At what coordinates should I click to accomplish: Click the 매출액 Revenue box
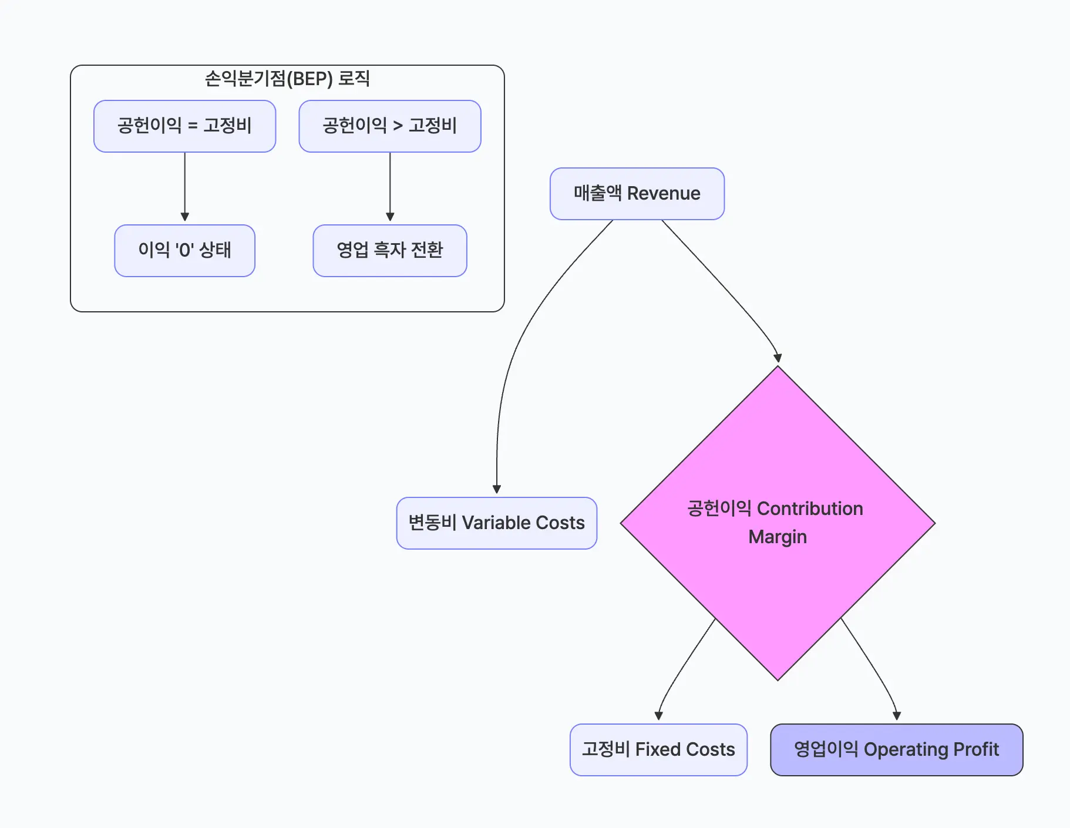(637, 194)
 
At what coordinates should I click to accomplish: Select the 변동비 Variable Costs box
(496, 523)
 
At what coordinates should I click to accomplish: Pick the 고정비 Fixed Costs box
(658, 750)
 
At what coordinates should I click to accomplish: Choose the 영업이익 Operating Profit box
(896, 750)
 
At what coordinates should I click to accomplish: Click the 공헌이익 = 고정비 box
(184, 126)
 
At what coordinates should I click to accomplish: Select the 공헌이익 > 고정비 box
(389, 126)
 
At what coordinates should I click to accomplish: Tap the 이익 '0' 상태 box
(184, 251)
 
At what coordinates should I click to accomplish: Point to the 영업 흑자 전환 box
(389, 251)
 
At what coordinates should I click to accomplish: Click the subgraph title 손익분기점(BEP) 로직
(287, 79)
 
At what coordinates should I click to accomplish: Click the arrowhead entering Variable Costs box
(497, 489)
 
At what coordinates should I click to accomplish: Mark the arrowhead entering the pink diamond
(778, 358)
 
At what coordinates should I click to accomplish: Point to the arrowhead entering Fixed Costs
(658, 716)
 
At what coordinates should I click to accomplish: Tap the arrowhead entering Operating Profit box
(897, 716)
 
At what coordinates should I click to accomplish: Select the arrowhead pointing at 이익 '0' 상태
(185, 217)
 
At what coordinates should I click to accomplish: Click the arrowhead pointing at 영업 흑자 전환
(390, 217)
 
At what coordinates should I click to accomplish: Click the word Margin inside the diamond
(778, 537)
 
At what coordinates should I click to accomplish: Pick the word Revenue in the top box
(664, 194)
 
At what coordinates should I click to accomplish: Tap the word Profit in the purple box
(976, 750)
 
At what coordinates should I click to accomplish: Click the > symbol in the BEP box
(398, 126)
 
